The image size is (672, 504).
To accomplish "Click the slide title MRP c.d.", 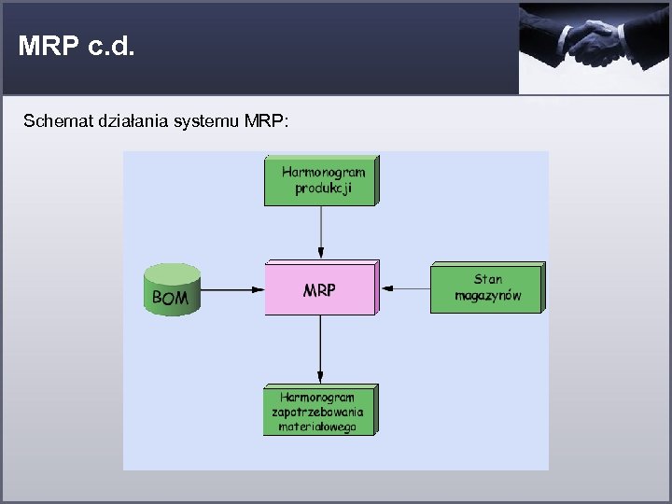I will pyautogui.click(x=77, y=47).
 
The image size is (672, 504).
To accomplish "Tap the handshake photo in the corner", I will pyautogui.click(x=595, y=47).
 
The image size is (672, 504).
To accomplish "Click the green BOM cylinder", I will pyautogui.click(x=172, y=290).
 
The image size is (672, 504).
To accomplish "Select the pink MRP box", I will pyautogui.click(x=319, y=289).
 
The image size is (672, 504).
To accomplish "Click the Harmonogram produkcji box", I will pyautogui.click(x=321, y=181).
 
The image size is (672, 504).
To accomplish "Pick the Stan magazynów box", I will pyautogui.click(x=486, y=288).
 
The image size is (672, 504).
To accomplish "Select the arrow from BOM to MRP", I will pyautogui.click(x=232, y=290).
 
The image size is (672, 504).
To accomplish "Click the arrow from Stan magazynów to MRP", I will pyautogui.click(x=405, y=288).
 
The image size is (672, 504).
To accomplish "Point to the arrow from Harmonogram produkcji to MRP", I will pyautogui.click(x=320, y=232).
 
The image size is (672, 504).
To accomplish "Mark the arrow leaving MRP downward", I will pyautogui.click(x=320, y=348).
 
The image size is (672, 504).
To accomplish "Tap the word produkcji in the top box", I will pyautogui.click(x=321, y=189).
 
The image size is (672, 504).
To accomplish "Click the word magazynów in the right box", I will pyautogui.click(x=486, y=297).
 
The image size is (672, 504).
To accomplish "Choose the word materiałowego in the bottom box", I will pyautogui.click(x=318, y=427).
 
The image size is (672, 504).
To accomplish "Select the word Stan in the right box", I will pyautogui.click(x=487, y=279).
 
